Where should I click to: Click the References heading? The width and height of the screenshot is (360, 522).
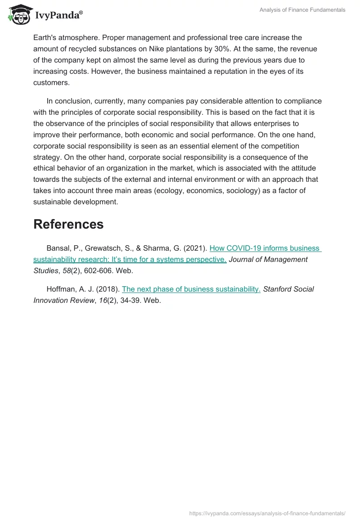(x=68, y=224)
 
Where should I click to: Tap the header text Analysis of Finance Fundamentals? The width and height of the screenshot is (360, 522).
(x=302, y=10)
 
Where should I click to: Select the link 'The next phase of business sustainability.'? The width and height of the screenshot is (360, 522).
(x=191, y=289)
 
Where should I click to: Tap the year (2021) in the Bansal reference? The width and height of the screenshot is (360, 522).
(x=195, y=248)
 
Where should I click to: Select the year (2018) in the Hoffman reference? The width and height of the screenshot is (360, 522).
(x=108, y=289)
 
